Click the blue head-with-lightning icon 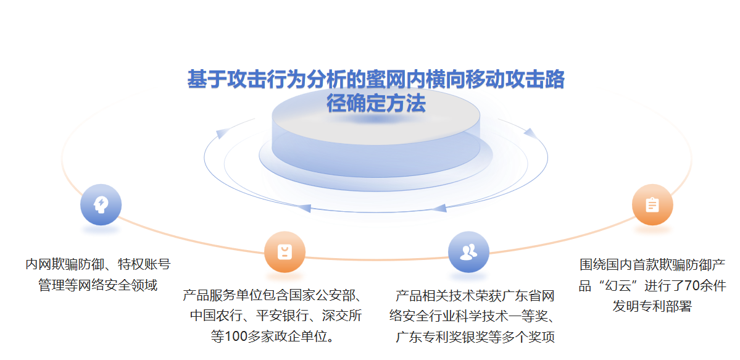[101, 204]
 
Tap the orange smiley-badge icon [285, 252]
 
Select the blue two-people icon [468, 252]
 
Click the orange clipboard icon [652, 204]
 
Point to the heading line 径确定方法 [376, 104]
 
